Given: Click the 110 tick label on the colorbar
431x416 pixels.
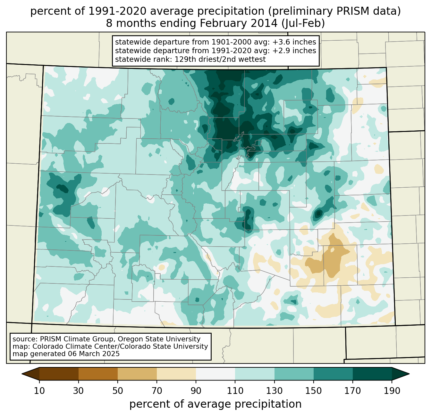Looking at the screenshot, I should [235, 391].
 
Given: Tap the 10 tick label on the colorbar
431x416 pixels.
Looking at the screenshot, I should [39, 391].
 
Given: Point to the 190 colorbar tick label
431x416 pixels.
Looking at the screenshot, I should [392, 391].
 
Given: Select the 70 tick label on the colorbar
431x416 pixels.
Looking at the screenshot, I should [157, 391].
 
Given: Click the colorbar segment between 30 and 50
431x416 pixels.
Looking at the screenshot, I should [98, 374].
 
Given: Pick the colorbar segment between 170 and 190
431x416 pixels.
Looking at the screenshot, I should [372, 374].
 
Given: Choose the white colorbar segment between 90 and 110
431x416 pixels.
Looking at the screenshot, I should [216, 374].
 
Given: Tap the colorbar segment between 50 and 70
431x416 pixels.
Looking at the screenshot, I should [137, 374].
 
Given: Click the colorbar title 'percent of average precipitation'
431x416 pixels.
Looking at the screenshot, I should [216, 404].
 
